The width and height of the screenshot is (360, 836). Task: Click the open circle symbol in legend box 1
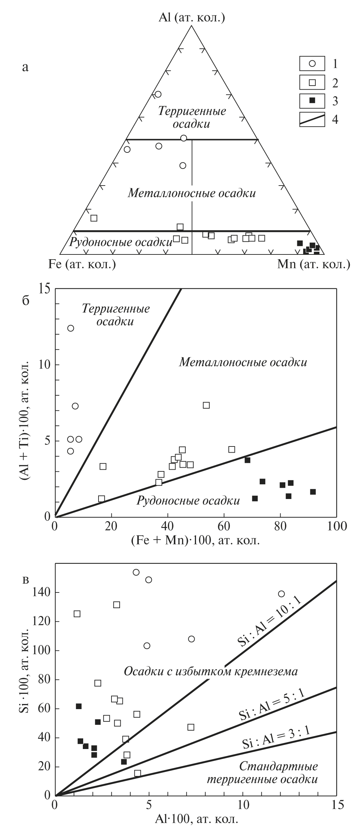[312, 63]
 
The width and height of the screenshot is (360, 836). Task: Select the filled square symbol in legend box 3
[312, 101]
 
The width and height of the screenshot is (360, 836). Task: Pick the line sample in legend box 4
[312, 120]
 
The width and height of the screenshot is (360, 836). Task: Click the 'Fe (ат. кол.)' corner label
[82, 264]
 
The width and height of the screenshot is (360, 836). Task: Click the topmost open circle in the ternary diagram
[158, 94]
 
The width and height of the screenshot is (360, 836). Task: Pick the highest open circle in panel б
[71, 328]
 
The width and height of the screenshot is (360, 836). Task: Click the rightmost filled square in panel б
[313, 492]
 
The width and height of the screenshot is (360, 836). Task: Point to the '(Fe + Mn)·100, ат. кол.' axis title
[195, 541]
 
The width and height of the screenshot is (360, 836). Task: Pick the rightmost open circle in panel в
[281, 594]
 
